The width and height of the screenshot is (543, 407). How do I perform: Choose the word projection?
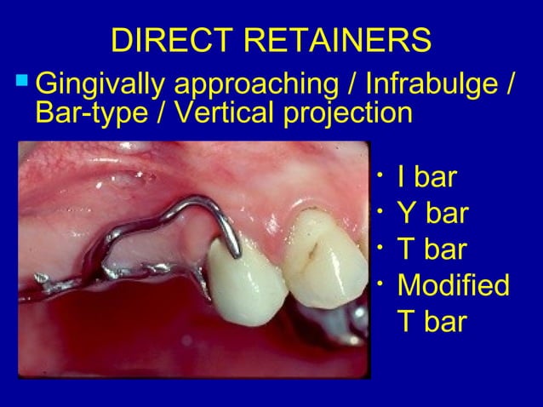(340, 115)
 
